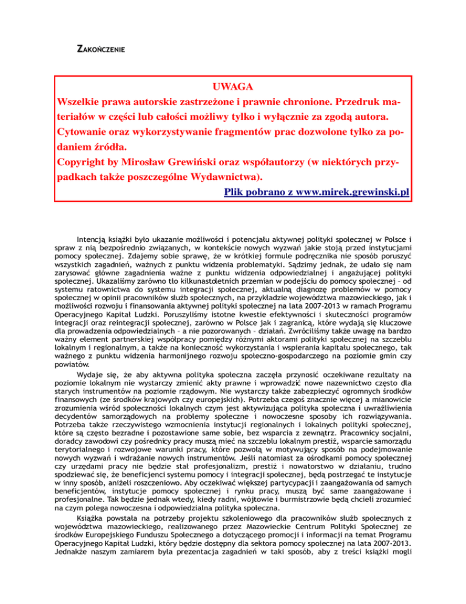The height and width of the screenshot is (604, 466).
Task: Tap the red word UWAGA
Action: pos(233,87)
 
